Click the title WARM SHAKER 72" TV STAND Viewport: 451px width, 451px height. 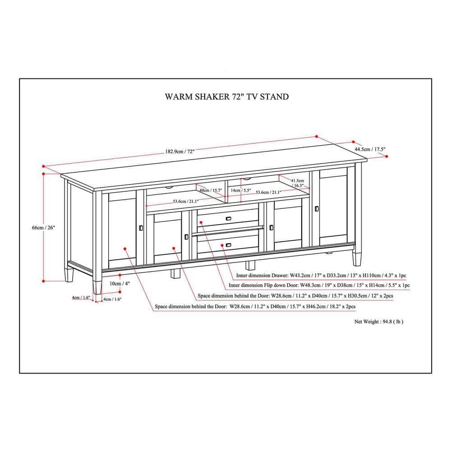226,97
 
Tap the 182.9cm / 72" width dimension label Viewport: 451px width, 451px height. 179,152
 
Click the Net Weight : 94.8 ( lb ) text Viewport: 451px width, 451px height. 378,322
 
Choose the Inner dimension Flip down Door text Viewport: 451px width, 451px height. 319,285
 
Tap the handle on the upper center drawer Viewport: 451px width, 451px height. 229,219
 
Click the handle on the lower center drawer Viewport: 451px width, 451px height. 229,245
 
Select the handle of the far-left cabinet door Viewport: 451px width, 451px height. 141,228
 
